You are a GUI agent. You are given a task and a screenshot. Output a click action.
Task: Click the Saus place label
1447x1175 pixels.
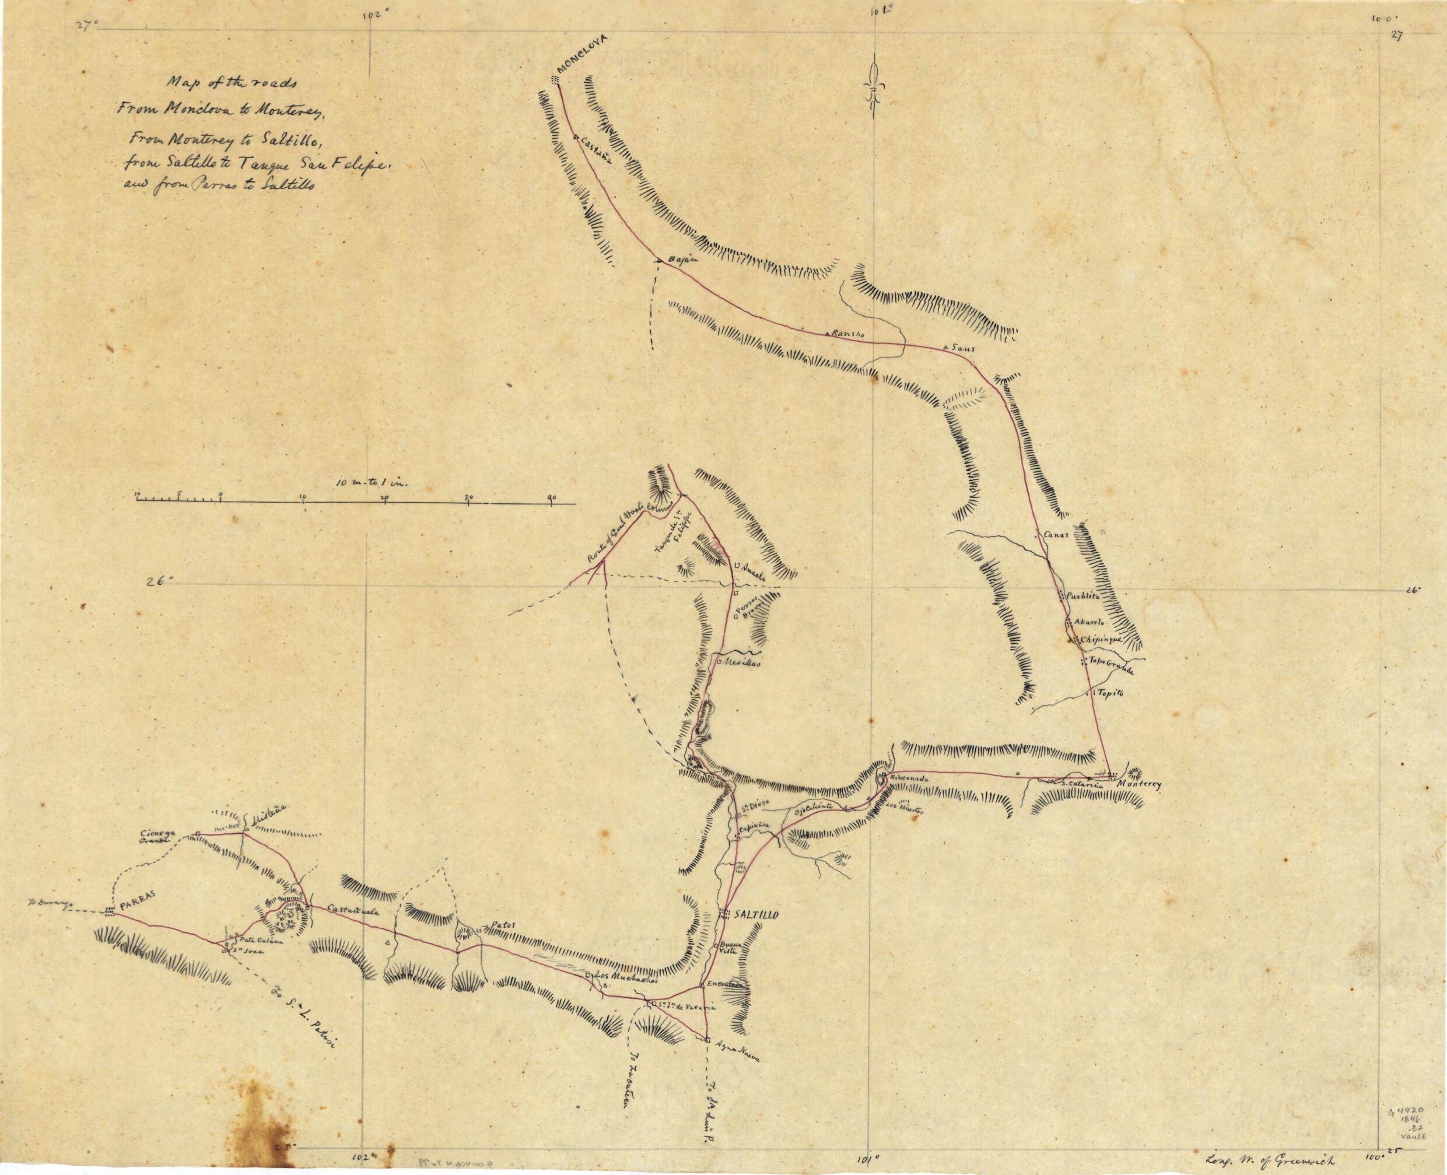(x=962, y=348)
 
